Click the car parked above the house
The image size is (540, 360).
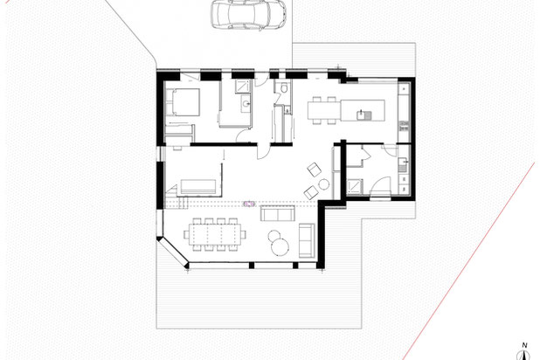(248, 15)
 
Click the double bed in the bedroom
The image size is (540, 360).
(183, 102)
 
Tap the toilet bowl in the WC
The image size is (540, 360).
(284, 88)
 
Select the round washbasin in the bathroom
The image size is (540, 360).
(246, 103)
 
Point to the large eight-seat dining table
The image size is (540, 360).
(215, 234)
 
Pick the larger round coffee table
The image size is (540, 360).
(280, 246)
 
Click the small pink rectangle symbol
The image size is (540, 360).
(249, 204)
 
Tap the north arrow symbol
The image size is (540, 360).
(523, 355)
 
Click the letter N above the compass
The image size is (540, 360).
(524, 345)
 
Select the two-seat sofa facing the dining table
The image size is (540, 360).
(278, 213)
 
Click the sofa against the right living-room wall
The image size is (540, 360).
(307, 240)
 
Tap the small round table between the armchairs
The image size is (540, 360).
(323, 184)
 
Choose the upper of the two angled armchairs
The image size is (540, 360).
(314, 170)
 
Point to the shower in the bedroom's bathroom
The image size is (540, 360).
(244, 87)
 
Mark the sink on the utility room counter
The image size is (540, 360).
(403, 164)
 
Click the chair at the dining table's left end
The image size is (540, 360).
(186, 234)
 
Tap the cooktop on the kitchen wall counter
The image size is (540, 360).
(404, 126)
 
